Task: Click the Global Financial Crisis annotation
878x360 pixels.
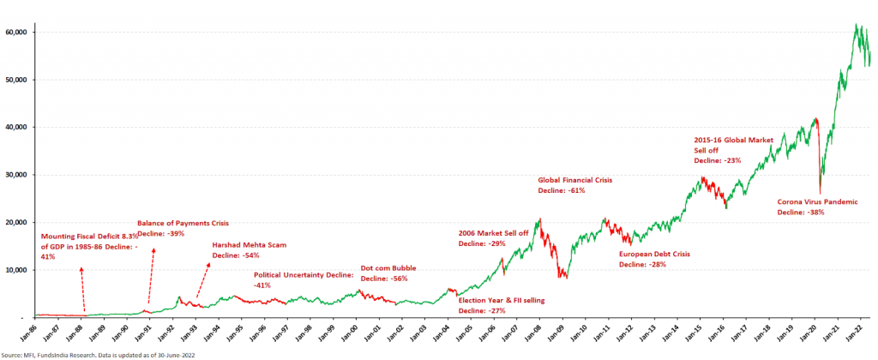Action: click(574, 180)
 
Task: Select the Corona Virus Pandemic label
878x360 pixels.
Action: click(817, 201)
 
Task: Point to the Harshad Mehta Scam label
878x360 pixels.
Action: click(250, 244)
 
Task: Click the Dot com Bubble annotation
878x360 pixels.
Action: click(388, 268)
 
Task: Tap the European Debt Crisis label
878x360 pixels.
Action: click(654, 254)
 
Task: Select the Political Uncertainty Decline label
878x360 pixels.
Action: click(304, 275)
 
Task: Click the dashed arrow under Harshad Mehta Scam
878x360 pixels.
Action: click(203, 279)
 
